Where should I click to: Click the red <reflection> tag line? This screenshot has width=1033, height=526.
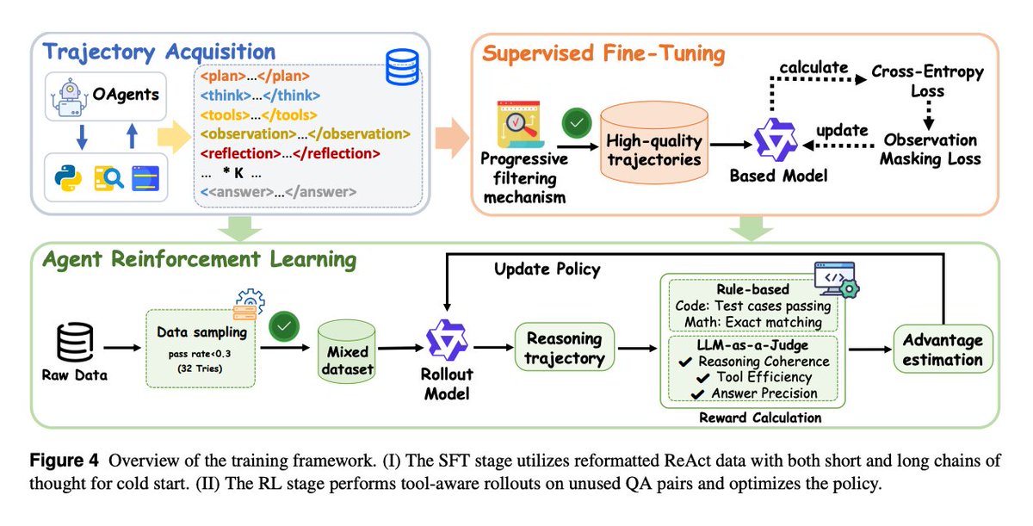[290, 153]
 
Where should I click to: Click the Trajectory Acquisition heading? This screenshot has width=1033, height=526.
[158, 51]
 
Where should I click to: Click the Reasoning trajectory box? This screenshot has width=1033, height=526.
[563, 347]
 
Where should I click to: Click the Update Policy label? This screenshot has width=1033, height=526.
[547, 269]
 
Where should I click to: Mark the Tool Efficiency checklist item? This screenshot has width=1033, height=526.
[754, 376]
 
